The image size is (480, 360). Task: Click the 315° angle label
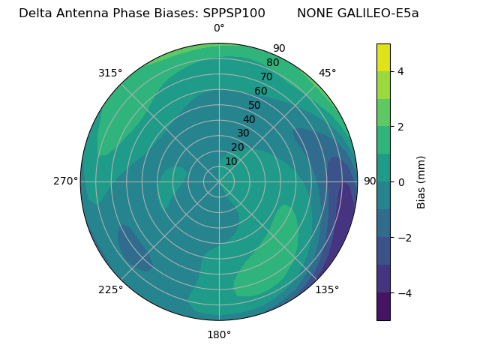click(110, 73)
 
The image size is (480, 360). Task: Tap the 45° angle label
click(328, 73)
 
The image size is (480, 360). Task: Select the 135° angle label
click(327, 289)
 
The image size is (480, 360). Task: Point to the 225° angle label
click(110, 289)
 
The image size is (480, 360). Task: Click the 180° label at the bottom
click(219, 334)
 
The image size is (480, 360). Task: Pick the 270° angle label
click(65, 181)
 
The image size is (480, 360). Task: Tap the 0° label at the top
click(219, 28)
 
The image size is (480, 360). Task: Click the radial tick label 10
click(231, 161)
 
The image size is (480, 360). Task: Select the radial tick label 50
click(255, 105)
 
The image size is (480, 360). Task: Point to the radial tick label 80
click(273, 62)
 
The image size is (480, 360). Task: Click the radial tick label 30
click(243, 133)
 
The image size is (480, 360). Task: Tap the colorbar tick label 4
click(400, 71)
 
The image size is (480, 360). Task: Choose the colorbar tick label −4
click(403, 292)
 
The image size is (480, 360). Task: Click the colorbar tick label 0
click(400, 182)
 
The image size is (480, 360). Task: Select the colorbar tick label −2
click(403, 238)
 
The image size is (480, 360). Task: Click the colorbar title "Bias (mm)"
click(421, 182)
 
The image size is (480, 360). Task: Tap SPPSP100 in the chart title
click(234, 13)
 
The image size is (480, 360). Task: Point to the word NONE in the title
click(313, 13)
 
